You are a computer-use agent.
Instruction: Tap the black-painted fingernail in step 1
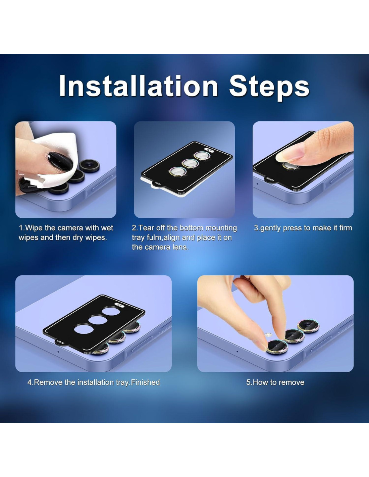coord(60,162)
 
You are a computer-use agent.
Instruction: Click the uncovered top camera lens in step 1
coord(89,165)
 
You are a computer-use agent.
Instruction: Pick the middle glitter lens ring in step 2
coord(190,163)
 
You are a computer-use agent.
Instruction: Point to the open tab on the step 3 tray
coord(271,179)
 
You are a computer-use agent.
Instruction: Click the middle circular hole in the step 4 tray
coord(98,320)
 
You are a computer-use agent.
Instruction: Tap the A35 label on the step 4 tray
coord(119,305)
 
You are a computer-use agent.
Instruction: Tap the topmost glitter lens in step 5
coord(308,326)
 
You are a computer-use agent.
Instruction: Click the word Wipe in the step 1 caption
coord(34,228)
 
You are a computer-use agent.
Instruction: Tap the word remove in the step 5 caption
coord(292,383)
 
